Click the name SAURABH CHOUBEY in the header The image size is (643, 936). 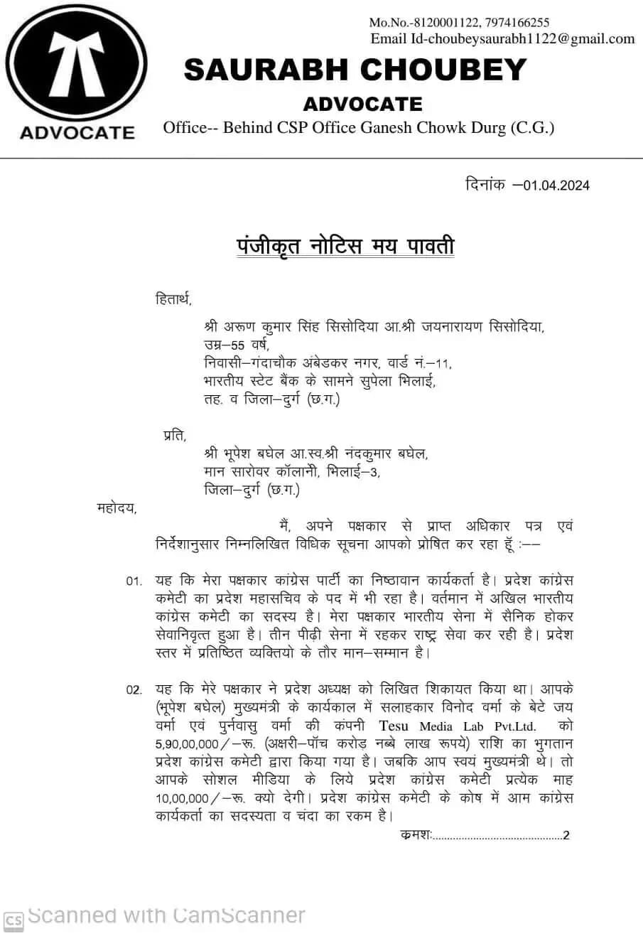click(355, 70)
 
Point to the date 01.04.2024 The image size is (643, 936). click(556, 186)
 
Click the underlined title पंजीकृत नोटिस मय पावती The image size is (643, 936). click(345, 247)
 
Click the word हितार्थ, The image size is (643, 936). click(173, 299)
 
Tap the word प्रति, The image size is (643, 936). click(175, 436)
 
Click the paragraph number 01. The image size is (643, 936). click(134, 581)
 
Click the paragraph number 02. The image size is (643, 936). click(134, 690)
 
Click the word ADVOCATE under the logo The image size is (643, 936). click(77, 133)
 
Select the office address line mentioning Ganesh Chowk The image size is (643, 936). click(358, 128)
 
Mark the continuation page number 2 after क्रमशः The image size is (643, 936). click(566, 836)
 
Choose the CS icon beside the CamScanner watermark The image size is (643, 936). click(14, 920)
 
